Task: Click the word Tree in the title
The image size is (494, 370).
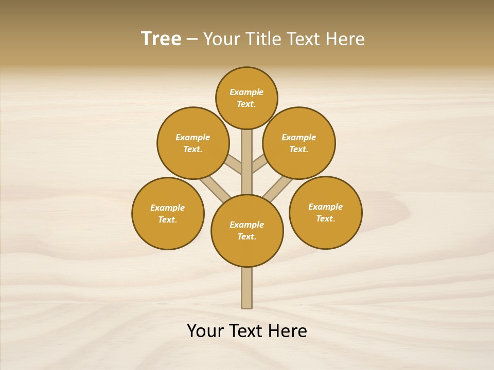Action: pyautogui.click(x=161, y=39)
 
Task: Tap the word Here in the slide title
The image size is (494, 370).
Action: pyautogui.click(x=345, y=39)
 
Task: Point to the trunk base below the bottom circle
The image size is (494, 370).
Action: pyautogui.click(x=247, y=288)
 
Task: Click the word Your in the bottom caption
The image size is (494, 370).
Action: pyautogui.click(x=206, y=331)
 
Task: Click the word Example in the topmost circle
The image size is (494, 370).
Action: pyautogui.click(x=246, y=92)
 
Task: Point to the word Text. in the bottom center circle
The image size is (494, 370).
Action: pyautogui.click(x=246, y=237)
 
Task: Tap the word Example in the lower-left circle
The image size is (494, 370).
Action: pyautogui.click(x=167, y=208)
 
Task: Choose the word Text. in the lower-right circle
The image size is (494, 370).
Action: pyautogui.click(x=325, y=219)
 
